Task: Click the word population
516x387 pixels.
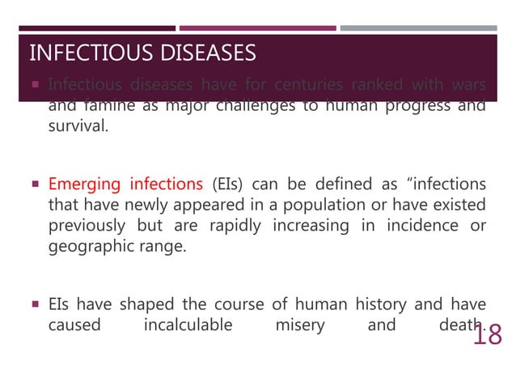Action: [x=321, y=205]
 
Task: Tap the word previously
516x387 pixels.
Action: [x=88, y=226]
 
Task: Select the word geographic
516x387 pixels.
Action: [x=87, y=247]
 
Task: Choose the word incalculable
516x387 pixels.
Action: [x=188, y=325]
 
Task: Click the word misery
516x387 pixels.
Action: [x=298, y=325]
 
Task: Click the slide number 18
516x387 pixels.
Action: [x=488, y=334]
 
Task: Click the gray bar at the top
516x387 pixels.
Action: [x=418, y=28]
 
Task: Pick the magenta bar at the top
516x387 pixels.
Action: [x=257, y=28]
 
